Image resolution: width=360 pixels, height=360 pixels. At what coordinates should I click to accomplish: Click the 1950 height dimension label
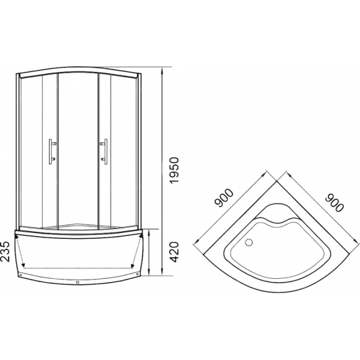click(x=175, y=170)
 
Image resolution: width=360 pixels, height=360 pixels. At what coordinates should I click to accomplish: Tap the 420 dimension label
click(x=175, y=252)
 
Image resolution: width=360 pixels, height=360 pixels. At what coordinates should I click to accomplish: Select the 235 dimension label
click(x=5, y=251)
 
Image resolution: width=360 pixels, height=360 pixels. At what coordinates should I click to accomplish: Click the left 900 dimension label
click(x=224, y=198)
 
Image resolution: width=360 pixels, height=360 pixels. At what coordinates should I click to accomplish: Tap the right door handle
click(x=104, y=152)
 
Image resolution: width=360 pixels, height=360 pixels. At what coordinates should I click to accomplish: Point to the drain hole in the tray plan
click(x=249, y=242)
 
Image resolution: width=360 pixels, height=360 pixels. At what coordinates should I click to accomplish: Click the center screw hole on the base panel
click(x=78, y=282)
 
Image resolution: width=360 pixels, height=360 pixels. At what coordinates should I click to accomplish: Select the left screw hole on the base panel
click(x=21, y=275)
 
